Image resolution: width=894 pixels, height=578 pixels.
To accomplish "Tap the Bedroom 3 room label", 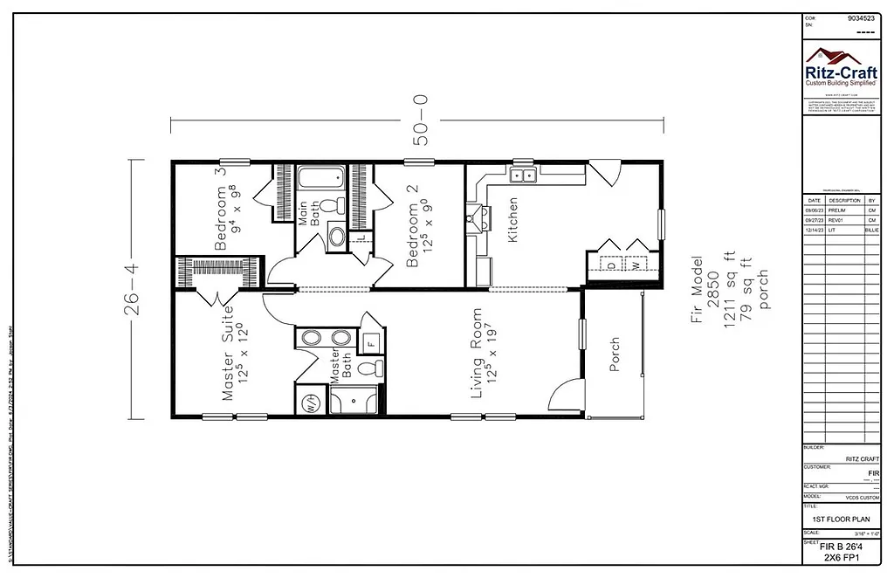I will pyautogui.click(x=222, y=209).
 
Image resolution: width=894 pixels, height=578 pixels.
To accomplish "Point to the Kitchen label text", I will pyautogui.click(x=513, y=219).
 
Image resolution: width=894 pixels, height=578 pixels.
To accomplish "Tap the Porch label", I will pyautogui.click(x=614, y=354).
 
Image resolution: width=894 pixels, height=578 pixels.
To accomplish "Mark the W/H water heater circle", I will pyautogui.click(x=310, y=403).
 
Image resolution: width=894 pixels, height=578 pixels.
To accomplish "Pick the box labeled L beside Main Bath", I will pyautogui.click(x=361, y=238).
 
